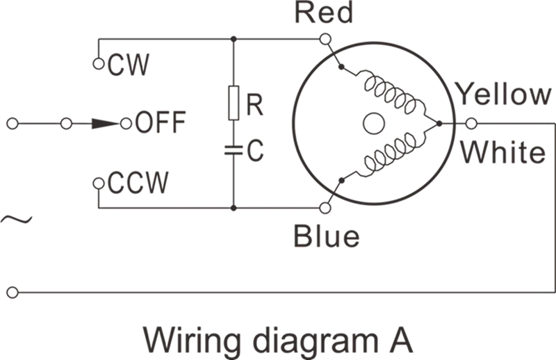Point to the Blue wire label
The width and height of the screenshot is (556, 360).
click(x=325, y=236)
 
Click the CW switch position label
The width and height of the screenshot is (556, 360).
click(x=120, y=66)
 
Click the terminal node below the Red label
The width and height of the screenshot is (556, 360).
click(x=322, y=41)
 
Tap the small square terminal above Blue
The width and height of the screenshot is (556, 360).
click(x=322, y=207)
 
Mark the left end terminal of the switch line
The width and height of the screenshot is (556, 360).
click(x=10, y=126)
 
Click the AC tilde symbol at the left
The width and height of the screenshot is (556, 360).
click(x=15, y=221)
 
